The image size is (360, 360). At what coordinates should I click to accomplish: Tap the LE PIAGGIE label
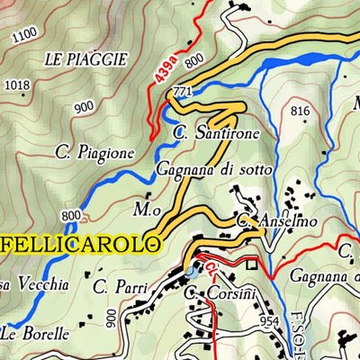[x=85, y=58]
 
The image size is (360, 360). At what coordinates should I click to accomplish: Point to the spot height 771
[x=184, y=93]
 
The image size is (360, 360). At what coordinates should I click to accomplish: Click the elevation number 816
[x=301, y=111]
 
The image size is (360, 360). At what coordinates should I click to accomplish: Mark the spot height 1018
[x=17, y=85]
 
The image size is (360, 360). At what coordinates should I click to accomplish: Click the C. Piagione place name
[x=99, y=151]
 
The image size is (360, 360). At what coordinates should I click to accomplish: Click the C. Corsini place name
[x=220, y=292]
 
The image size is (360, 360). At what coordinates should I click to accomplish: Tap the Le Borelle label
[x=35, y=333]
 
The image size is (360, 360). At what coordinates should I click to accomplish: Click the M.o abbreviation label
[x=146, y=209]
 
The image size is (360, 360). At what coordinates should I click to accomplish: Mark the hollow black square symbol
[x=253, y=265]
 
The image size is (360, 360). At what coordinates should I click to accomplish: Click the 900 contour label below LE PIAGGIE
[x=85, y=106]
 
